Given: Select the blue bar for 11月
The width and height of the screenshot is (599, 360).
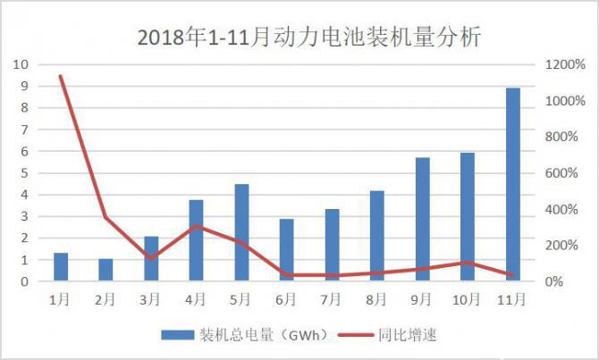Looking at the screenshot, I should [513, 185].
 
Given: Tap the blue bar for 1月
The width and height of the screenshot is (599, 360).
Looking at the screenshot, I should [61, 267].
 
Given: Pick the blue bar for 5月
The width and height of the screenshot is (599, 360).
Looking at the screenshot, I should [241, 232].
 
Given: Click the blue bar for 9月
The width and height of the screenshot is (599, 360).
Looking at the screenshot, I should [423, 220].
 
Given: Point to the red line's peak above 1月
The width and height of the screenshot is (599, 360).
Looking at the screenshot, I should [61, 76].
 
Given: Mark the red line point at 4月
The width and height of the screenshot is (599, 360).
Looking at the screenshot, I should [197, 226].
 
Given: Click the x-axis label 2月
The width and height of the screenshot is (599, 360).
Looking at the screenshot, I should [105, 298].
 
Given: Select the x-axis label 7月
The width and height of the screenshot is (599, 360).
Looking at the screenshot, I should [332, 298].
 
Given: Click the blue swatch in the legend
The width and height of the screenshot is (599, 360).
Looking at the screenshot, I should [179, 335].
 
